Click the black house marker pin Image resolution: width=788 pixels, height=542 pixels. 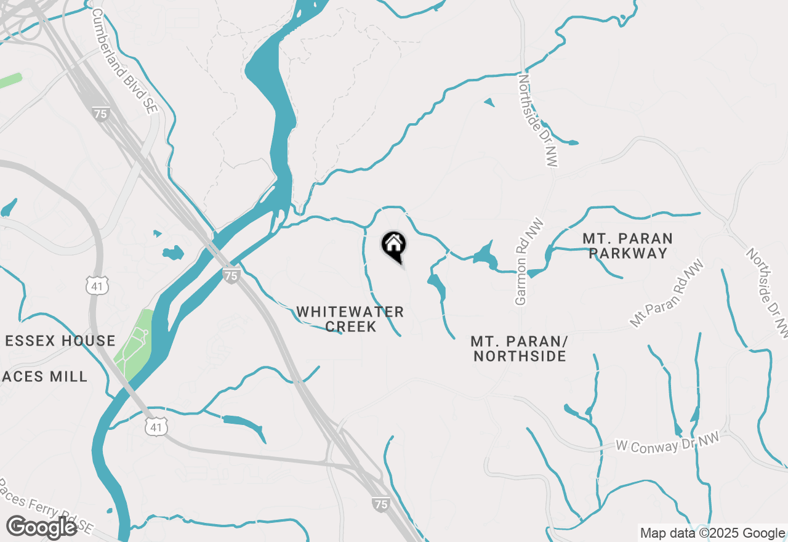394,246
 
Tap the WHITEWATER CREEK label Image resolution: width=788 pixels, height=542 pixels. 350,319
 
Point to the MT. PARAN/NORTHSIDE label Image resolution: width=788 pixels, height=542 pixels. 519,349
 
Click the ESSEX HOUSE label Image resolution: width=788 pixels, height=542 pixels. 60,341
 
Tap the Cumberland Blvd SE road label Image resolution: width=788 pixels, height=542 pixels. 125,60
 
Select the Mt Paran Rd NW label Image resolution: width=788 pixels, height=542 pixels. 667,293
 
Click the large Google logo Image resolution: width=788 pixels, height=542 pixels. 42,527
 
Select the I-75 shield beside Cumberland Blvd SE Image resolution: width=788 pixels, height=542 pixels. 101,113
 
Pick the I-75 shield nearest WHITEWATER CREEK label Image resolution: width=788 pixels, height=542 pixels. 231,276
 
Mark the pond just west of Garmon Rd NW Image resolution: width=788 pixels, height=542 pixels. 485,254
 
